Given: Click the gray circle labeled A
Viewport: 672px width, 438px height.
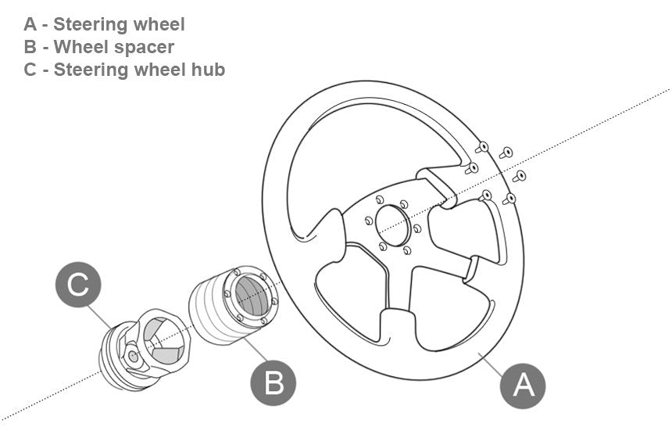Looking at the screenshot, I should (523, 384).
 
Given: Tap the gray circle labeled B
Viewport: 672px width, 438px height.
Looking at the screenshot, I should (273, 383).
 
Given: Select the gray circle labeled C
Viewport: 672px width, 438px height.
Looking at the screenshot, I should (78, 284).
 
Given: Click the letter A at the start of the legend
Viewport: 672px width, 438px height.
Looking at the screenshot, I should (30, 24).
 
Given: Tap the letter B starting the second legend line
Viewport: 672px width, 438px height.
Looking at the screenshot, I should (30, 47).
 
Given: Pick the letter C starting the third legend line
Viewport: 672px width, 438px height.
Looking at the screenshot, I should (30, 70).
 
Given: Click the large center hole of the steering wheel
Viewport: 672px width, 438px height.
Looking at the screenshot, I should (392, 221).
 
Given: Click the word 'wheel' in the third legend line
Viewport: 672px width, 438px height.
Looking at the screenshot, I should (150, 70).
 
